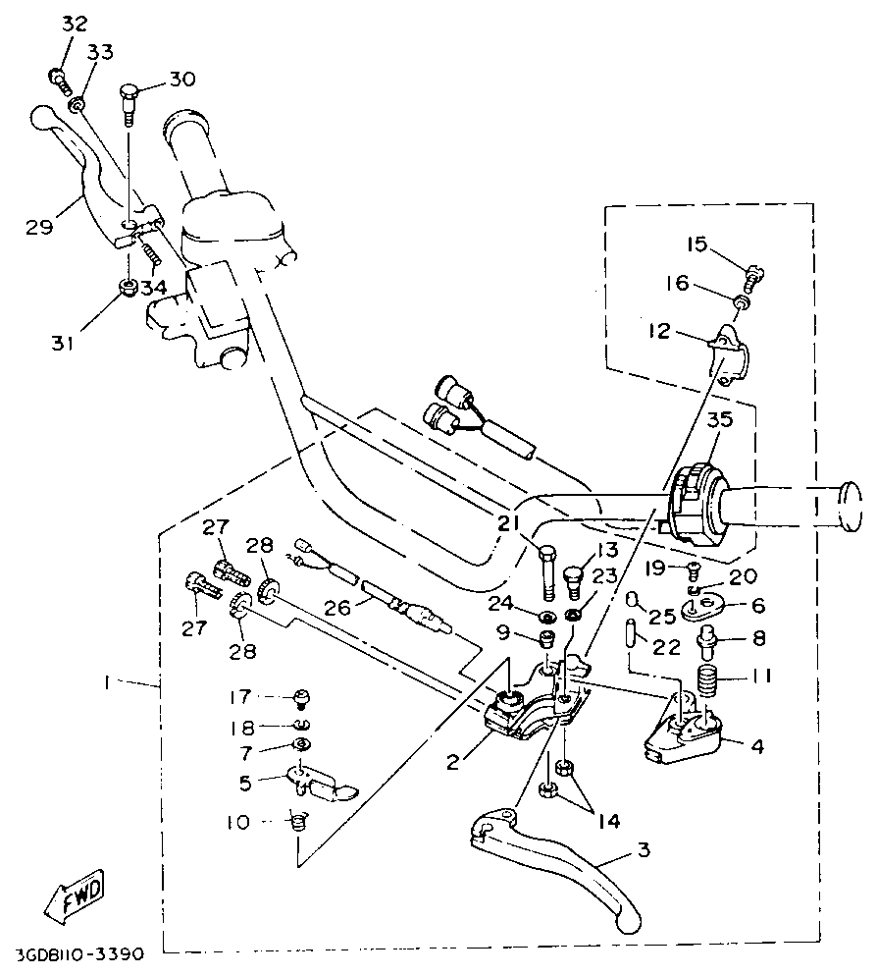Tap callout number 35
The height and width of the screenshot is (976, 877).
(x=720, y=419)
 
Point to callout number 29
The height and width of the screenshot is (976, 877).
(x=38, y=227)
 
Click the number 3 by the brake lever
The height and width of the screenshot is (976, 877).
(x=644, y=848)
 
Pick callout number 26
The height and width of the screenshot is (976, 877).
(x=337, y=607)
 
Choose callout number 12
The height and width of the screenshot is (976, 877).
(x=658, y=331)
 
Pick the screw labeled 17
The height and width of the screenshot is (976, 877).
(x=301, y=698)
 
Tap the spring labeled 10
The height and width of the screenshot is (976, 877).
(x=299, y=822)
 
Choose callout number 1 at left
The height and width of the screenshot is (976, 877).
(x=106, y=682)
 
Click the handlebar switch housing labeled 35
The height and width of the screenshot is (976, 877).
(x=696, y=507)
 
